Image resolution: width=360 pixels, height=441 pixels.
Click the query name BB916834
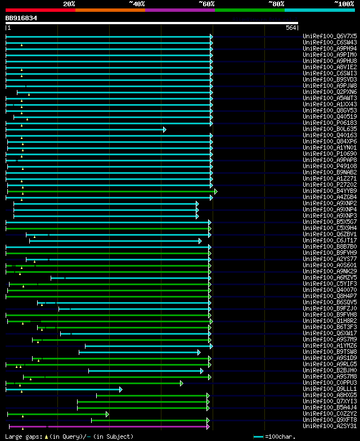(21, 18)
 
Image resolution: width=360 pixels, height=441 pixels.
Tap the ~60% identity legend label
(206, 3)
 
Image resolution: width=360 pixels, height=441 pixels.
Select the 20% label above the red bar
(69, 3)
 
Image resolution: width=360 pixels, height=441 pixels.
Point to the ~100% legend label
(344, 3)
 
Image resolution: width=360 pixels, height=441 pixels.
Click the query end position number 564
(291, 28)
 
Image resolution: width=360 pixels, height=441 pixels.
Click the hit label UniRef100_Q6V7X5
(330, 36)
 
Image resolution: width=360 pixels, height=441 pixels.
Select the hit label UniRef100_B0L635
(330, 129)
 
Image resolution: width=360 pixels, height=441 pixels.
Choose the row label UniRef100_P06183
(330, 123)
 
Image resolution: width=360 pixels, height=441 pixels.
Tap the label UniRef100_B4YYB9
(330, 191)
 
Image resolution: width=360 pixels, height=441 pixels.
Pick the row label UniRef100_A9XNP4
(330, 210)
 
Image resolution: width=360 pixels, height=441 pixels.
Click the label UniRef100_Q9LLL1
(330, 389)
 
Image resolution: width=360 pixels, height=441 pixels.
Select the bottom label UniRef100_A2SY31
(330, 426)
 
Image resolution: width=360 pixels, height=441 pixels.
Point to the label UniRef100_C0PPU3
(330, 383)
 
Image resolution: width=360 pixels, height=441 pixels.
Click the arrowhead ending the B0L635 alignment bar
(165, 129)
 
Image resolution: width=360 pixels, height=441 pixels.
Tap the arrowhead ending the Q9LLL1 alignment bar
(121, 389)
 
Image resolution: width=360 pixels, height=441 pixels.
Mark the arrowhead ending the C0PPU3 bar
(182, 383)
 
